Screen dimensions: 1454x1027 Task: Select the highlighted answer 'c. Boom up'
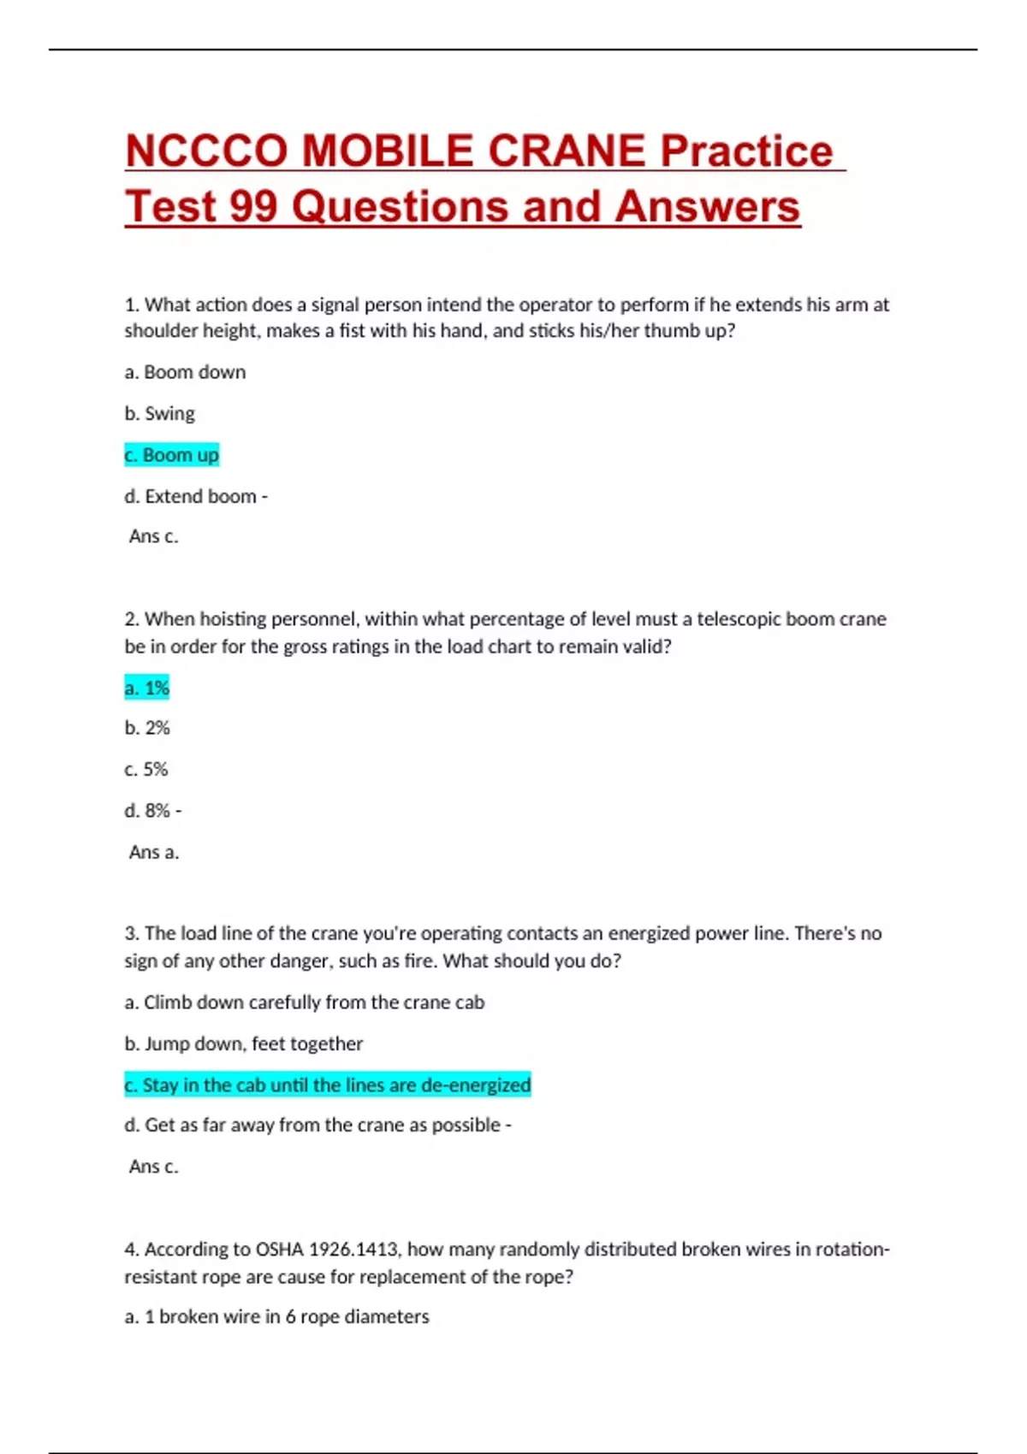click(172, 455)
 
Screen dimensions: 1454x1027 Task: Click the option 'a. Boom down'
click(185, 372)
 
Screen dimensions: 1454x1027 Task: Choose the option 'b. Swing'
click(160, 414)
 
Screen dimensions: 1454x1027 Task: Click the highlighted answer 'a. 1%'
click(147, 688)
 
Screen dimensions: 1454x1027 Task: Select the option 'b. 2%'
click(147, 728)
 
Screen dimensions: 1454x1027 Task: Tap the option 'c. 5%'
click(146, 769)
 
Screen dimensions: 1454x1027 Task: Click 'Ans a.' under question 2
click(154, 852)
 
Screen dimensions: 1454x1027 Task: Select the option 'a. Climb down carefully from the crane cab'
click(305, 1002)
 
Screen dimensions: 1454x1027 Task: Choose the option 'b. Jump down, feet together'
click(244, 1043)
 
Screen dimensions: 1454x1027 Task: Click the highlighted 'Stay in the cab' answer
click(328, 1085)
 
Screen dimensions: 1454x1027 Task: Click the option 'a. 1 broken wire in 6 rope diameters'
click(277, 1316)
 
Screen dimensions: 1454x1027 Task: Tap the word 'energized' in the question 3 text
click(648, 933)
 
